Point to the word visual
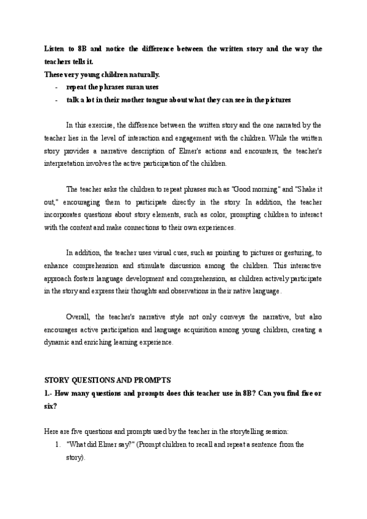(142, 252)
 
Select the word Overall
(78, 318)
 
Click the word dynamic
(58, 342)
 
